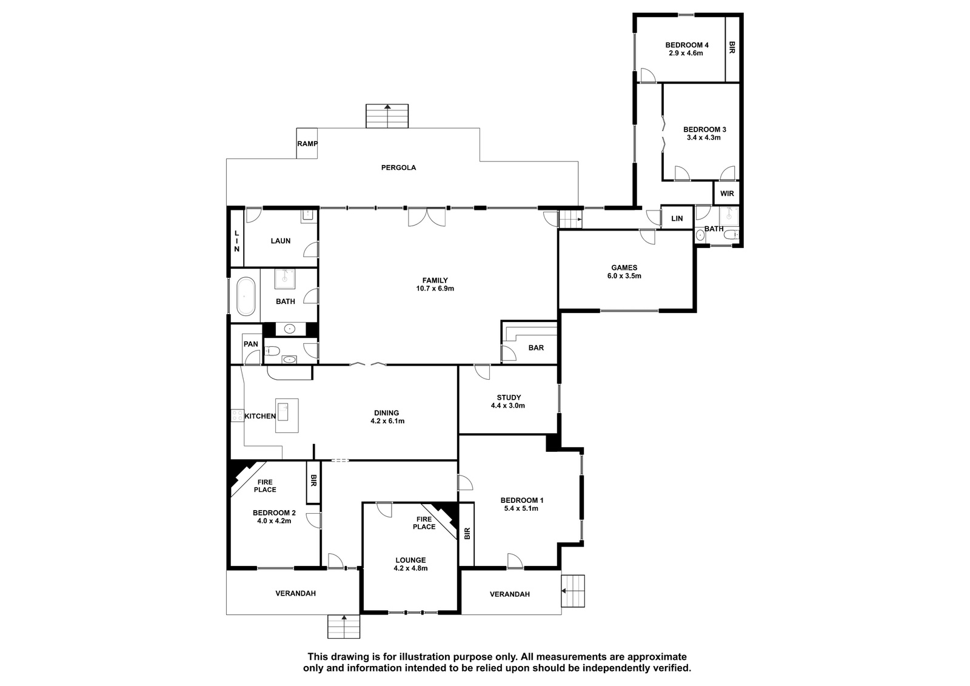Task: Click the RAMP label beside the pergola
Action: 307,143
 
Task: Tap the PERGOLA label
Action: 398,167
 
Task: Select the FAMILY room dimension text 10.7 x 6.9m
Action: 435,289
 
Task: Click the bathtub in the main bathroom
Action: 246,296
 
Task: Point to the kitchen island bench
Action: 287,415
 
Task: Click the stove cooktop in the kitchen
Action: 237,415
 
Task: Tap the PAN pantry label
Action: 251,344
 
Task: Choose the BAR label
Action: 536,348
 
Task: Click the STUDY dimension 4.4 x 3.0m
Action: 508,406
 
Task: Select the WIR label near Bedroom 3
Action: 727,193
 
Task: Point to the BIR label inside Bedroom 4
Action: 732,48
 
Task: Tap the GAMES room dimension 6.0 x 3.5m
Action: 624,275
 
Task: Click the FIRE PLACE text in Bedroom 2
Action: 265,486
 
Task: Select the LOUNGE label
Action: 410,560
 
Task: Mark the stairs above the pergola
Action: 387,116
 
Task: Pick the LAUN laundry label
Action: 281,241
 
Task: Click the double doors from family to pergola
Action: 427,217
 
